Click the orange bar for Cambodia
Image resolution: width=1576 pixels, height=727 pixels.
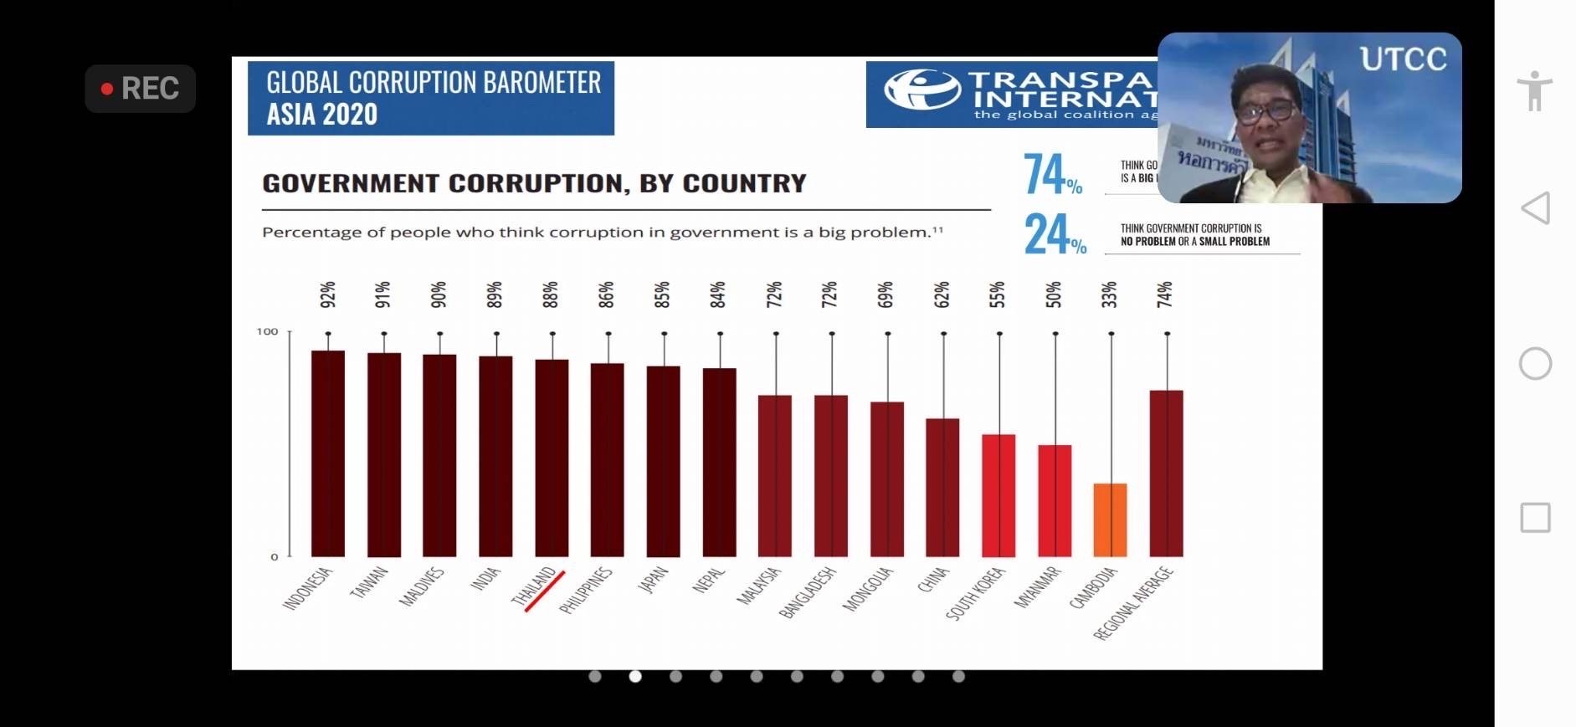pos(1110,520)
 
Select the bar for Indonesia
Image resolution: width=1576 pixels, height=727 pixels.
pos(327,453)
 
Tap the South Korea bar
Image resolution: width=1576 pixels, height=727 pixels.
pos(998,495)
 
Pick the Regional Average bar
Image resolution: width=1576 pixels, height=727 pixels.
pos(1166,473)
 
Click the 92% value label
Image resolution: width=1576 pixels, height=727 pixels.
pos(327,294)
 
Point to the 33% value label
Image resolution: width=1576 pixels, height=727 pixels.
pos(1110,294)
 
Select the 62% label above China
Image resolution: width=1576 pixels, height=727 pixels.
pos(942,294)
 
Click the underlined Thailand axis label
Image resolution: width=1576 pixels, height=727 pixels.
pos(535,586)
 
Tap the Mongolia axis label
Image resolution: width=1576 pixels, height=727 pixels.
pos(867,589)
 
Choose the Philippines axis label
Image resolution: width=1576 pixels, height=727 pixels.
pos(586,590)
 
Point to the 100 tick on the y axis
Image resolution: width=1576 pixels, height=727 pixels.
pos(267,331)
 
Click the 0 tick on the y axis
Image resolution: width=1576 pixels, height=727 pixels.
pos(274,556)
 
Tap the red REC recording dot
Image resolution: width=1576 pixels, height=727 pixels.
pos(107,89)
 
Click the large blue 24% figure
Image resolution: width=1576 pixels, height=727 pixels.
pos(1054,233)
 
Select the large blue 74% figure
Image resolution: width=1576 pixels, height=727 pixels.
pos(1051,174)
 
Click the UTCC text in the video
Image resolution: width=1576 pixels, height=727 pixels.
pos(1403,59)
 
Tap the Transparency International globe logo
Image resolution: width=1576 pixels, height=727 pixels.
pos(921,89)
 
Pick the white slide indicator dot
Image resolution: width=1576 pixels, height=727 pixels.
pos(635,676)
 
